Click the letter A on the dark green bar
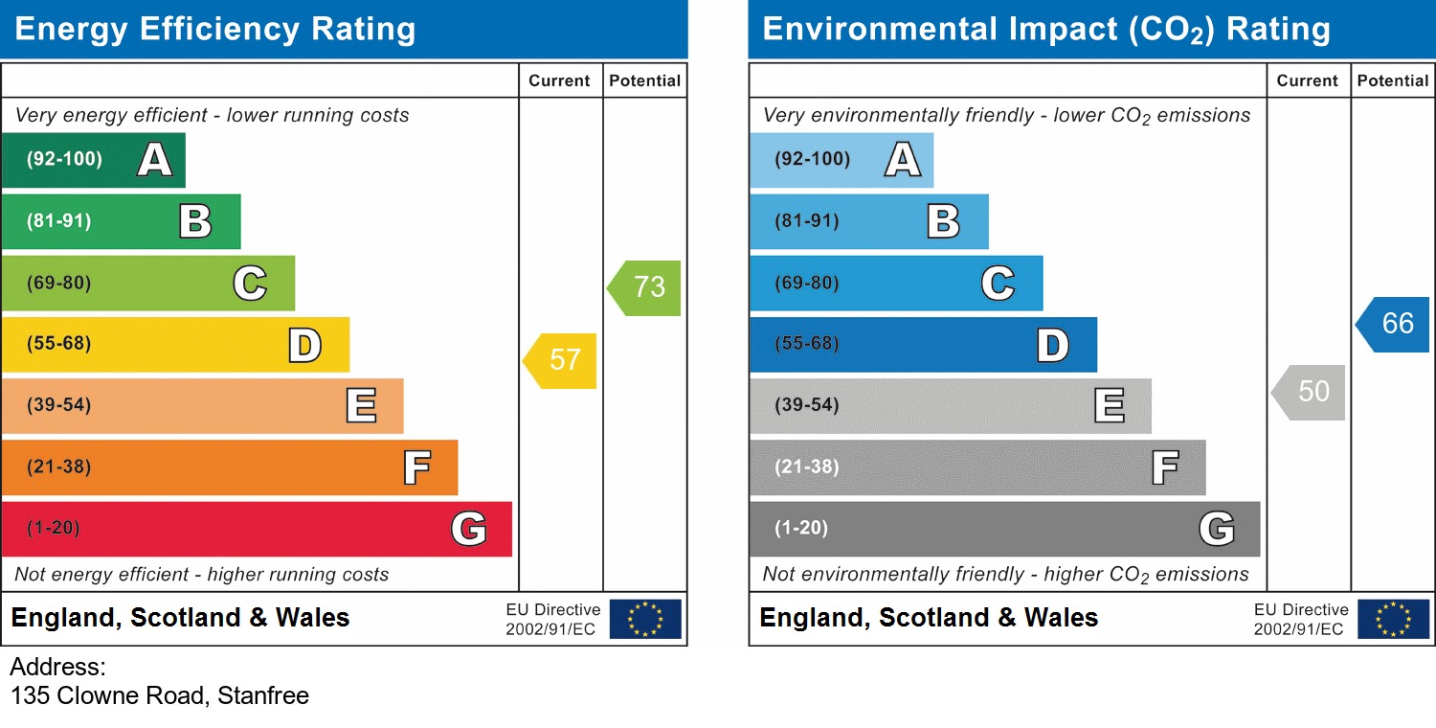[155, 160]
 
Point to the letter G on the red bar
[469, 529]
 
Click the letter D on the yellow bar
[305, 345]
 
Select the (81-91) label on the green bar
[59, 221]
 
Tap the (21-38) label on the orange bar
[59, 467]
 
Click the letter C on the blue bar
[998, 284]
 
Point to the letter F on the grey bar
[1164, 468]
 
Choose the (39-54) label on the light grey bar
[807, 405]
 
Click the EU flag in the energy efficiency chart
[645, 619]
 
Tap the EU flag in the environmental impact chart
[1393, 619]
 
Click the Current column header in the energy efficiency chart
[559, 81]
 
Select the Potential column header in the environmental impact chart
[1393, 81]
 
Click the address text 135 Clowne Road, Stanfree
[160, 695]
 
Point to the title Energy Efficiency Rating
[215, 30]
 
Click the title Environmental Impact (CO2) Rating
[1046, 30]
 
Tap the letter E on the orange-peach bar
[361, 406]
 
